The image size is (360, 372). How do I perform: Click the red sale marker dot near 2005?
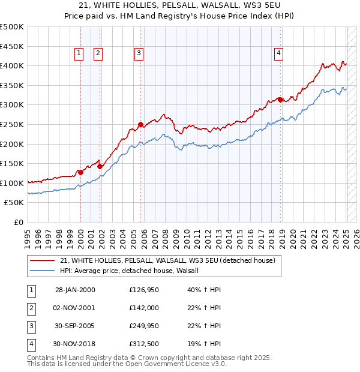tap(140, 125)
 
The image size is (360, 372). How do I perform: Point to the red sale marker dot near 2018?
tap(280, 100)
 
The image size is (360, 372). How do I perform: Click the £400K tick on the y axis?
tap(12, 65)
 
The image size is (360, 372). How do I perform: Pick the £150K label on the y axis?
tap(12, 163)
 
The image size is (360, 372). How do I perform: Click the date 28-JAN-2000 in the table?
tap(75, 290)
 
